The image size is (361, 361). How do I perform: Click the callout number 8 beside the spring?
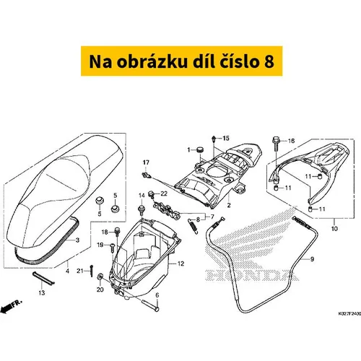click(x=198, y=219)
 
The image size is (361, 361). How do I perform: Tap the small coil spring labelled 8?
click(x=193, y=226)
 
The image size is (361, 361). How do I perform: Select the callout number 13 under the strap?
click(x=42, y=292)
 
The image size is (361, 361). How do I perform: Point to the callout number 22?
click(x=164, y=193)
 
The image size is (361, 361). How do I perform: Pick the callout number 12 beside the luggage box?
click(x=180, y=264)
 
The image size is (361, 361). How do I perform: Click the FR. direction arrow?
click(x=11, y=307)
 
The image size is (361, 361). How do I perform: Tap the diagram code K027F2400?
click(x=349, y=314)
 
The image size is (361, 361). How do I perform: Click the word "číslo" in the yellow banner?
click(x=237, y=61)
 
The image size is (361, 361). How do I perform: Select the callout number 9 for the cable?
click(x=312, y=259)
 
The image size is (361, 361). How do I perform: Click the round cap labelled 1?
click(x=200, y=149)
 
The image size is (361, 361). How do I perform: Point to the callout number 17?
click(x=146, y=162)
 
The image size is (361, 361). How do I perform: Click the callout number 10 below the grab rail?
click(x=334, y=228)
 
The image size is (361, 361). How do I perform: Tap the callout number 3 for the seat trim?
click(x=77, y=240)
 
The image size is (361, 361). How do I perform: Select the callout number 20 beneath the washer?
click(x=100, y=290)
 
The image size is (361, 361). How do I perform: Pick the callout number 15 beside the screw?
click(x=226, y=138)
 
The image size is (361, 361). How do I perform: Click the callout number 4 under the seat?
click(x=67, y=271)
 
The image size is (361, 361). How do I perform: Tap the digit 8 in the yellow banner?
click(x=269, y=61)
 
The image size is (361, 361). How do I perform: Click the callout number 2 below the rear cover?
click(x=229, y=205)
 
